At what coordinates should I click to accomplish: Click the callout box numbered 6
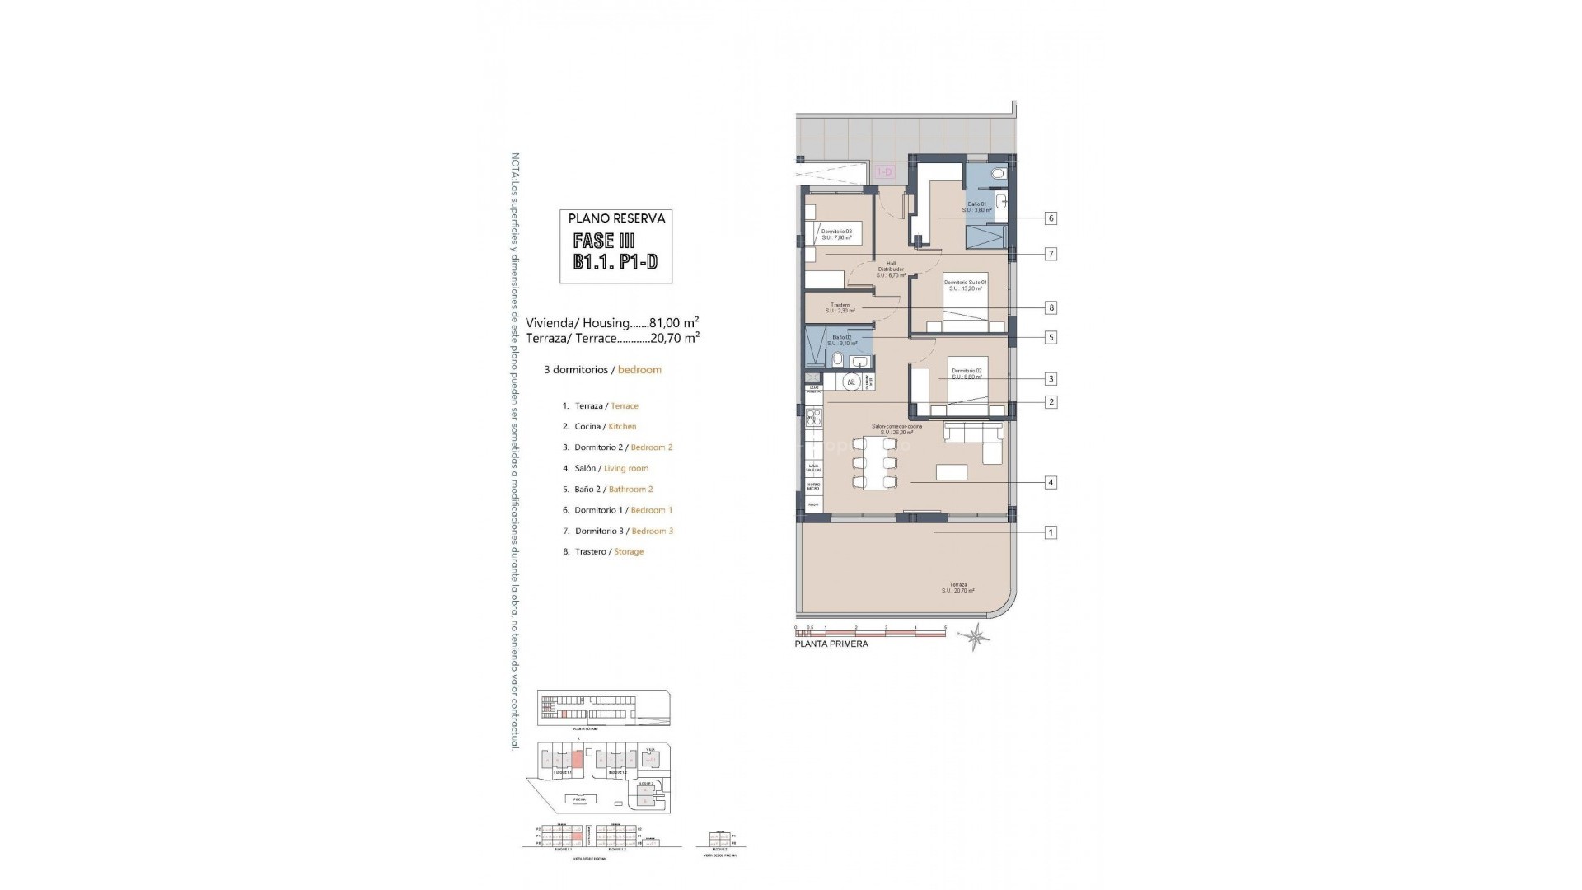1051,218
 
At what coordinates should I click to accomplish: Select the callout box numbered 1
1051,532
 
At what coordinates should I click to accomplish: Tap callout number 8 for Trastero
1051,307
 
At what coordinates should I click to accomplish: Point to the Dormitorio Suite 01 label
965,285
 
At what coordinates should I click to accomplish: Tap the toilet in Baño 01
999,174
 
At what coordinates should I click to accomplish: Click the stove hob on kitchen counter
813,416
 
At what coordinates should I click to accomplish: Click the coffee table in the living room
952,472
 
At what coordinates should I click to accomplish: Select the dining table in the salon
873,462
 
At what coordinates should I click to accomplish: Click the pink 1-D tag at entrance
885,172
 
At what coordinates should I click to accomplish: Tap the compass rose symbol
978,636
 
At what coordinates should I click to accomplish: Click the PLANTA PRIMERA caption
831,644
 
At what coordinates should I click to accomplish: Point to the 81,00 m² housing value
674,323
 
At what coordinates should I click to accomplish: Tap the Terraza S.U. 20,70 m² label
957,588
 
